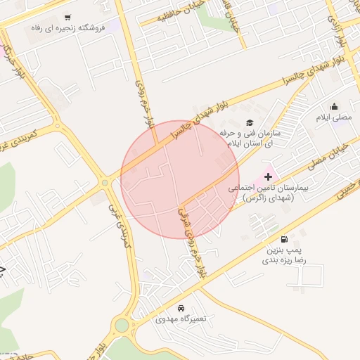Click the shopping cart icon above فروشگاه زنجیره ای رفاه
67,17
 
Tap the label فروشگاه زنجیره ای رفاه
67,28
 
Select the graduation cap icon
250,123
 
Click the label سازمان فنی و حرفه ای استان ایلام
249,137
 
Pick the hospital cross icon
267,176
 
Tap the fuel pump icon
284,239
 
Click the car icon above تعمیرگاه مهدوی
181,308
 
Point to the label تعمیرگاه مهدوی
181,319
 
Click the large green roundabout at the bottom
122,326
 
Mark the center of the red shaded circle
180,179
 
